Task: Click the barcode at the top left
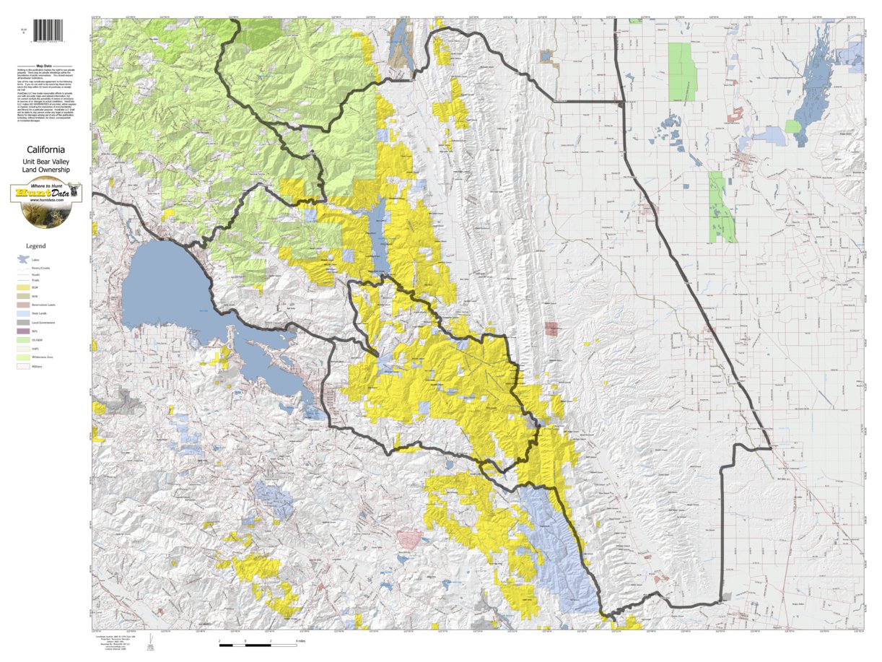click(48, 30)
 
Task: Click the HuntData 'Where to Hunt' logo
click(46, 194)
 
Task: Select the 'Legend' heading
click(36, 246)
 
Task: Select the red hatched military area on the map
click(409, 539)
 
